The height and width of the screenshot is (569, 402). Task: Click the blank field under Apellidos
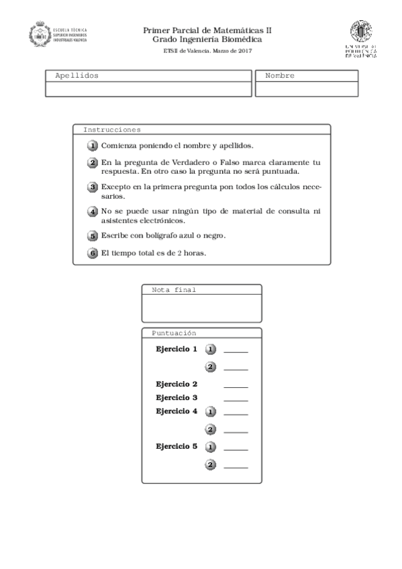(148, 89)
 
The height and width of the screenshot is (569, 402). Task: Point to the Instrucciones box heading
(111, 130)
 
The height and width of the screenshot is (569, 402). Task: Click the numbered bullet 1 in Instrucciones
(93, 146)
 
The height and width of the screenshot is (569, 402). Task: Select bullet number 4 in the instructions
(93, 212)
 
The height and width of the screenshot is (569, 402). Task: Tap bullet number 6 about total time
(93, 253)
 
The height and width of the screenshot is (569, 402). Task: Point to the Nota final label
(173, 290)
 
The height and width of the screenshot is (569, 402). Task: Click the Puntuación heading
(173, 333)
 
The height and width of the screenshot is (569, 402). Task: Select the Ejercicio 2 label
(176, 384)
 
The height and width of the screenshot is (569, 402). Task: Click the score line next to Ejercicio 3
(236, 401)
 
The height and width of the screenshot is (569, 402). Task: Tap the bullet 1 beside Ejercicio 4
(210, 411)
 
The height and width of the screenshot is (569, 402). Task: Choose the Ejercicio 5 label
(176, 446)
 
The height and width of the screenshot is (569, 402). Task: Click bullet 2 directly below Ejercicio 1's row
(210, 367)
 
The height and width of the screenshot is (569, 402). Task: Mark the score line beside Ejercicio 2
(236, 387)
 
